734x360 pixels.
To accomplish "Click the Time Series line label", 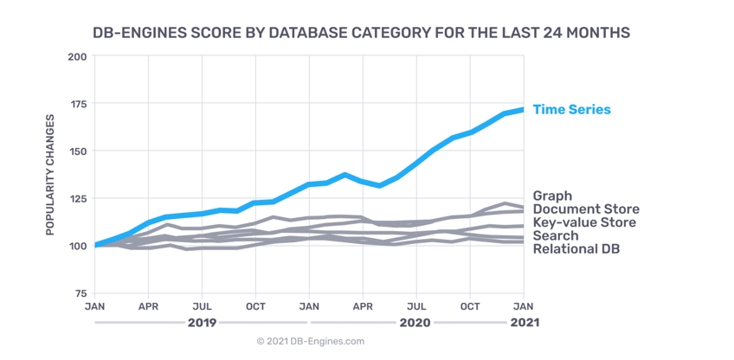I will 571,110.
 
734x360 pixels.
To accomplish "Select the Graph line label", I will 552,196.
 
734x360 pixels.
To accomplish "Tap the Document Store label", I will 586,209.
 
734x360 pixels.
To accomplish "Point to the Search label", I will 554,235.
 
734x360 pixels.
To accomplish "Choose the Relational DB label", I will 576,249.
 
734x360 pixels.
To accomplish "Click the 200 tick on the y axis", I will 77,57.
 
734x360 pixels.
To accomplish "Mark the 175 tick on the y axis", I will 77,105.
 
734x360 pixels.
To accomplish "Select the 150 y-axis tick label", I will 77,151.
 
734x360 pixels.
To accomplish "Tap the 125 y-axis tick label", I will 77,199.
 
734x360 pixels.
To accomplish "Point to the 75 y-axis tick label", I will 80,293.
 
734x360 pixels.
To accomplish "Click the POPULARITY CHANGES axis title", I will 50,175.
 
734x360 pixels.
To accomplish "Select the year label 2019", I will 200,323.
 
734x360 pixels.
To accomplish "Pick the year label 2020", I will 415,323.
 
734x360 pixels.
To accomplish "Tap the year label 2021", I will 523,323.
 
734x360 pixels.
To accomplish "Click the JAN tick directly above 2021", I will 524,306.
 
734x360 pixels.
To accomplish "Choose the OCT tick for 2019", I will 254,306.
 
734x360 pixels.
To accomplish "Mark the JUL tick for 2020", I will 416,306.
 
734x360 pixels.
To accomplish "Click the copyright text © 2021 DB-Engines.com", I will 311,342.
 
